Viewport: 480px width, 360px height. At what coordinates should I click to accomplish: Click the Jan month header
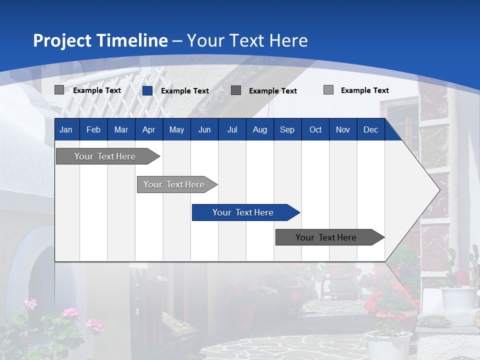tap(66, 129)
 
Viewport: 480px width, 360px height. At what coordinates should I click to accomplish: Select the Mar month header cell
tap(121, 129)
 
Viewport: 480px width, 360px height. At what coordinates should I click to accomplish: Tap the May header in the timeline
tap(176, 129)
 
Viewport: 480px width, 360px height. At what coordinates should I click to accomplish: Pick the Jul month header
tap(232, 129)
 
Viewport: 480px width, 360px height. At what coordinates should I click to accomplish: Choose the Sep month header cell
tap(287, 129)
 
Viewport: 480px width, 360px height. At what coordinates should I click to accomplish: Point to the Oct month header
tap(315, 129)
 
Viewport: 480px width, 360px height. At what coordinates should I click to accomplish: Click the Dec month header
tap(370, 129)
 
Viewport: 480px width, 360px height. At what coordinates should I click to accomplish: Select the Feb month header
tap(93, 129)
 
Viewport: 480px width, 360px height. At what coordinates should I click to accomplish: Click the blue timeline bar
tap(243, 212)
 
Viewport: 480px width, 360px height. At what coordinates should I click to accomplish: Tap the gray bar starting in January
tap(105, 156)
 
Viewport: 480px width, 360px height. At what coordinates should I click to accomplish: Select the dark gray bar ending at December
tap(326, 237)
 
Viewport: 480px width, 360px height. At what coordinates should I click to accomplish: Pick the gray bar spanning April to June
tap(174, 184)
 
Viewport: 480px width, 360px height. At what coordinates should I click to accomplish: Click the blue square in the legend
tap(147, 90)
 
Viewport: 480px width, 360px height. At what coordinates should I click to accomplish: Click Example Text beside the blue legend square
tap(185, 91)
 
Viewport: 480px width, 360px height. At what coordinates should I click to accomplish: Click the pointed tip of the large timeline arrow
tap(438, 190)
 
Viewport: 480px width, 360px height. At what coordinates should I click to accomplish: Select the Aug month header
tap(259, 129)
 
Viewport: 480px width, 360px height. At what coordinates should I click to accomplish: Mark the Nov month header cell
tap(343, 129)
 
